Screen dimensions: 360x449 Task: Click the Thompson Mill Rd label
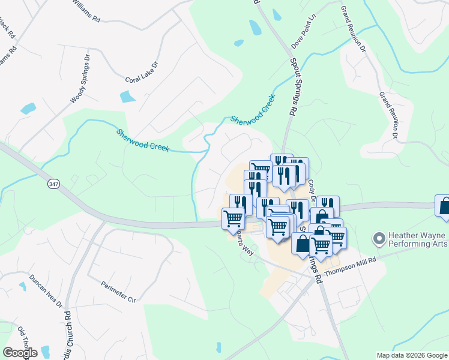(350, 266)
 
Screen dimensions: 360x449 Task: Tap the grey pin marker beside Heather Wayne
(378, 239)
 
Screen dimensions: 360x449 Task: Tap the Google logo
(20, 353)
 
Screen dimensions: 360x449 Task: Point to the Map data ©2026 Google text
(412, 355)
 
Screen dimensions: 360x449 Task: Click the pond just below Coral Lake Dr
(128, 97)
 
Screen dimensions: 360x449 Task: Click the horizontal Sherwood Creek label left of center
(143, 140)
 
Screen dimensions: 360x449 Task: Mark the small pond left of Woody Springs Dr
(28, 109)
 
